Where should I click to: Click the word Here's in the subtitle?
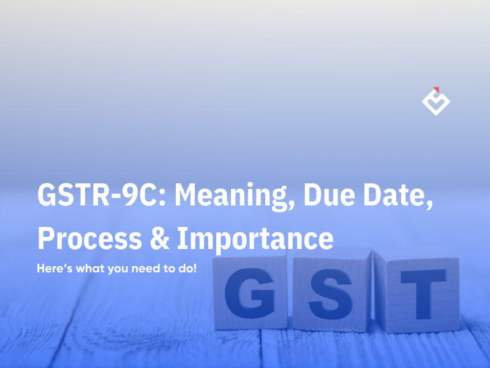(x=53, y=269)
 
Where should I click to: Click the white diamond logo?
(x=436, y=102)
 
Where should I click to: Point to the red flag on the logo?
(x=436, y=88)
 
